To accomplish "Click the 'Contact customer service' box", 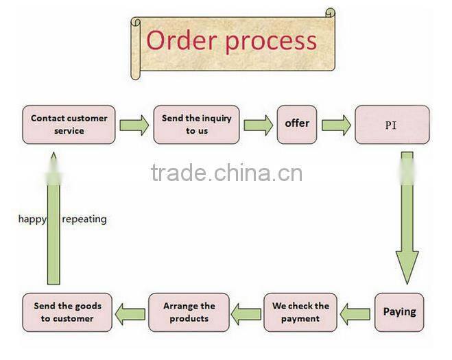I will [69, 124].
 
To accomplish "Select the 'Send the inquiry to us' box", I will [196, 124].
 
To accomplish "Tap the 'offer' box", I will [297, 124].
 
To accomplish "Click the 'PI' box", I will [392, 125].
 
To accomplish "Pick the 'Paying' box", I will [399, 312].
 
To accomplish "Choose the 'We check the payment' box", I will [300, 312].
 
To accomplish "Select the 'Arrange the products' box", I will [189, 312].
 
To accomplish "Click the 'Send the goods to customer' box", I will [67, 312].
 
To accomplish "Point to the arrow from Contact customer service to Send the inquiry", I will [134, 125].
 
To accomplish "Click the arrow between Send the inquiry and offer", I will [258, 125].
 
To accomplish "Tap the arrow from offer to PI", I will [336, 125].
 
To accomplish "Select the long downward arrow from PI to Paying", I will [407, 219].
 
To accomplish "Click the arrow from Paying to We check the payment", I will [355, 315].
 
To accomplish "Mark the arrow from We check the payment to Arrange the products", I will [246, 315].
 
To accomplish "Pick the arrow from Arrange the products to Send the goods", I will [130, 315].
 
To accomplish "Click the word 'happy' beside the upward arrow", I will [32, 219].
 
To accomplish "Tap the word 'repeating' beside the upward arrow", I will [84, 219].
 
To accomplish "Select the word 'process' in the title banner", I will [272, 41].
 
